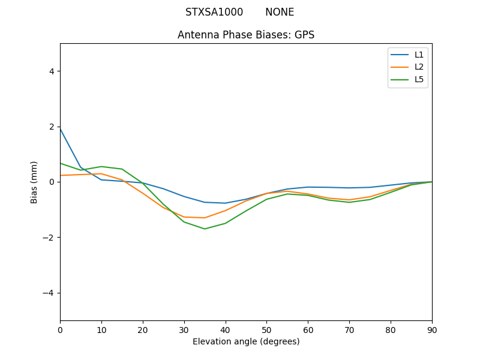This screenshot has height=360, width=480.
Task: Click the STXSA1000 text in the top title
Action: tap(214, 12)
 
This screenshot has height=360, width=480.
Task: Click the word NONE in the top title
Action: tap(280, 12)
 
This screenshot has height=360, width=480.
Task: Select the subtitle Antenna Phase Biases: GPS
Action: tap(246, 35)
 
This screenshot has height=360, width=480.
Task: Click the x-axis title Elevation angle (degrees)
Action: tap(246, 341)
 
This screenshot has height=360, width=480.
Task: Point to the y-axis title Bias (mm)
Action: tap(34, 182)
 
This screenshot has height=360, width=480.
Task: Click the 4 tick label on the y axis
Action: tap(51, 71)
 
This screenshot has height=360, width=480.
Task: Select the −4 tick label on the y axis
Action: tap(49, 293)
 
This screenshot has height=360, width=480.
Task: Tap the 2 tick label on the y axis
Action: tap(51, 127)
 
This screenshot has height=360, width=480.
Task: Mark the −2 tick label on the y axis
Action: tap(49, 238)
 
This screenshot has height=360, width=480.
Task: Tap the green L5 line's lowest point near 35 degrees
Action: tap(205, 229)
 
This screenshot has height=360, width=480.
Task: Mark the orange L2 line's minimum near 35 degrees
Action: tap(205, 218)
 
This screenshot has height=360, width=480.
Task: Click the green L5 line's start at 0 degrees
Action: tap(61, 163)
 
